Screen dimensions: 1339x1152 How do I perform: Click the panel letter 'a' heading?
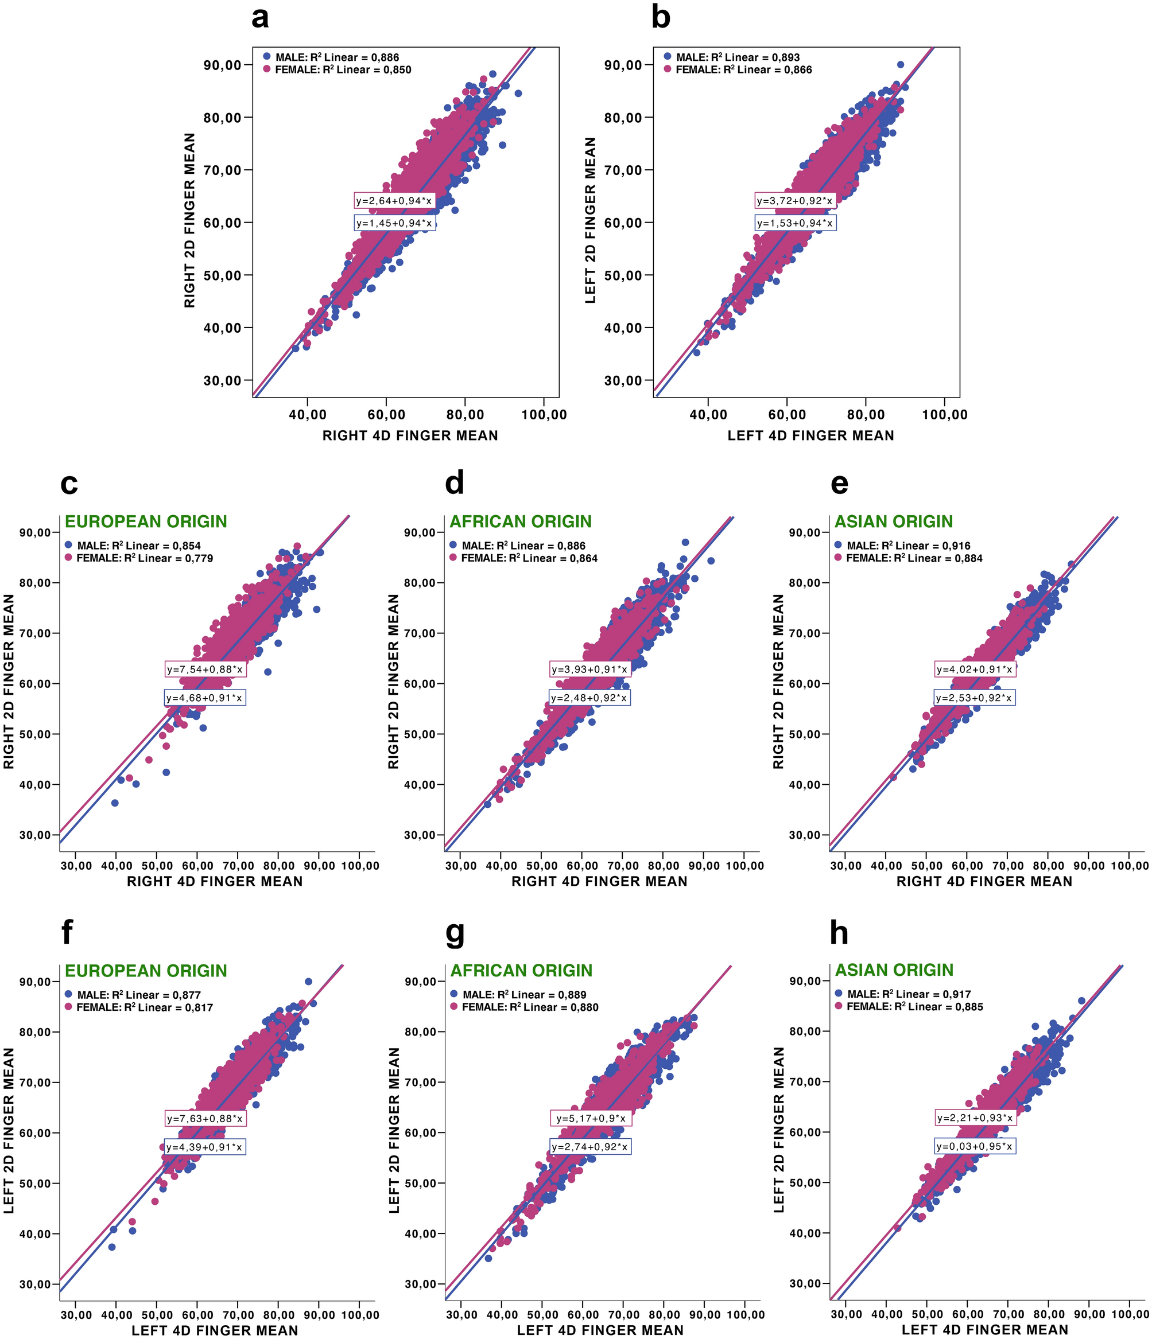coord(260,17)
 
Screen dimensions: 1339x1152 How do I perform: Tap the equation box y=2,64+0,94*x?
coord(394,200)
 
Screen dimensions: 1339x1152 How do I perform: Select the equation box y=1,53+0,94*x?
coord(795,223)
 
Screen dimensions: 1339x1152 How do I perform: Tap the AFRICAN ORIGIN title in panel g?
coord(521,970)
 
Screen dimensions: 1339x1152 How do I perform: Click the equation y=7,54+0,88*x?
coord(204,669)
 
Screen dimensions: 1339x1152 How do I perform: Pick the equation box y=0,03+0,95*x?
coord(975,1146)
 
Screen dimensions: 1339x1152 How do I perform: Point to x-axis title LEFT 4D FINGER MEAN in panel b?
coord(810,435)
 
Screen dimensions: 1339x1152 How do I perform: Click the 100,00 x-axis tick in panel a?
coord(544,414)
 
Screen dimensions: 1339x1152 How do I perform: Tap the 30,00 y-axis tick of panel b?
coord(623,380)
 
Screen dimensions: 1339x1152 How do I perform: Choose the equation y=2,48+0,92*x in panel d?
coord(589,698)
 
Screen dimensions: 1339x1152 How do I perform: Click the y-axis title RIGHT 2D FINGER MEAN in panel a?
coord(189,220)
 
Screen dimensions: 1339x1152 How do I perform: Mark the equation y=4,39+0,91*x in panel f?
coord(204,1147)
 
